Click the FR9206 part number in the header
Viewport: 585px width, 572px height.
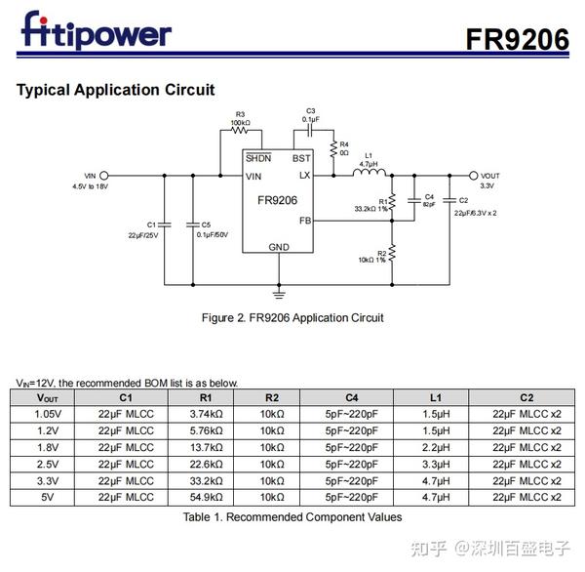517,38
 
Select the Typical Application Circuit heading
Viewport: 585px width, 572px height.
115,91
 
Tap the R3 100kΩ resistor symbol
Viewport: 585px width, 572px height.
240,131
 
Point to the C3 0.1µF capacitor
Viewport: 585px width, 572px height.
310,127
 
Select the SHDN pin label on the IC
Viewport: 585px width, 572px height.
258,158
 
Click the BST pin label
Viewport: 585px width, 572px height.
301,158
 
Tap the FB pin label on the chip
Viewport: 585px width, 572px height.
304,222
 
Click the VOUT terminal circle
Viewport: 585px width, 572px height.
474,176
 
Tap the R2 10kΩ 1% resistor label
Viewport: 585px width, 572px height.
371,256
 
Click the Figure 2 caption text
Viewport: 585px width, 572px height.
292,318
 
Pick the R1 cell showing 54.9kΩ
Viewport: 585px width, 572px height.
205,497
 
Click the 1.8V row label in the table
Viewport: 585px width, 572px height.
48,447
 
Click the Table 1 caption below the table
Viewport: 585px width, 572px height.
292,517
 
